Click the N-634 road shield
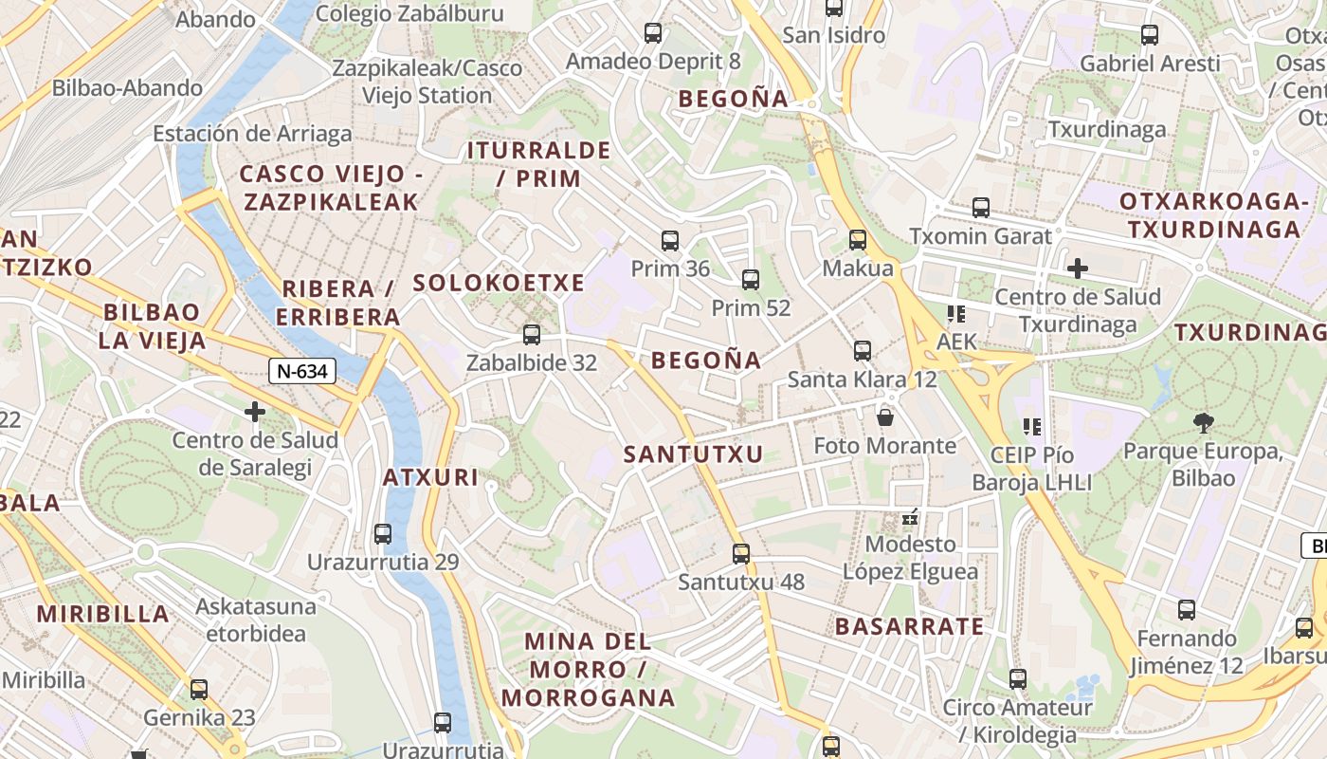point(303,371)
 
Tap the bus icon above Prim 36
point(670,241)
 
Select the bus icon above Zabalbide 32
point(532,335)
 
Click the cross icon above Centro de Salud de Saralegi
point(255,412)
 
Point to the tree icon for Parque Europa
point(1203,422)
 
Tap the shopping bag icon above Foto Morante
point(885,417)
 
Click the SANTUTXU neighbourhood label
point(693,454)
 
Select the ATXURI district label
point(430,477)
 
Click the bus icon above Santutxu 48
point(741,553)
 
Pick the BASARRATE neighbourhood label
point(909,626)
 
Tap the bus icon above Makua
point(858,240)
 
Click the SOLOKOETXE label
point(499,283)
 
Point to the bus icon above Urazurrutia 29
point(383,534)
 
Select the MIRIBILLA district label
point(103,614)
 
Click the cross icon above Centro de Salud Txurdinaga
point(1077,268)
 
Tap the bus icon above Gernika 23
point(199,690)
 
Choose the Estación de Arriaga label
point(252,134)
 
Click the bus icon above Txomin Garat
point(981,208)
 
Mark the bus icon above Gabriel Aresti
point(1150,35)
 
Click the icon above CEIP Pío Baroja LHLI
point(1032,427)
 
